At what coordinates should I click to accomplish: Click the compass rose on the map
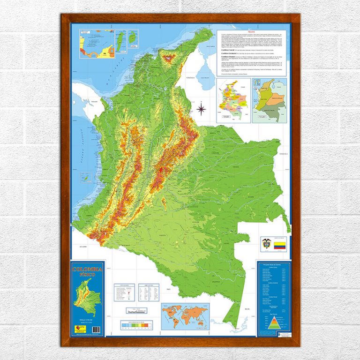tap(201, 110)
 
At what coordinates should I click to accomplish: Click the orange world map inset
tap(185, 316)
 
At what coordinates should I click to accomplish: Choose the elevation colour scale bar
tap(136, 324)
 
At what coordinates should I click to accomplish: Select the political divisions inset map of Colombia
tap(233, 100)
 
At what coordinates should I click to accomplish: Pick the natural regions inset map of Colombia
tap(270, 100)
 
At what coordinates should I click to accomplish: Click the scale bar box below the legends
tap(136, 311)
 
